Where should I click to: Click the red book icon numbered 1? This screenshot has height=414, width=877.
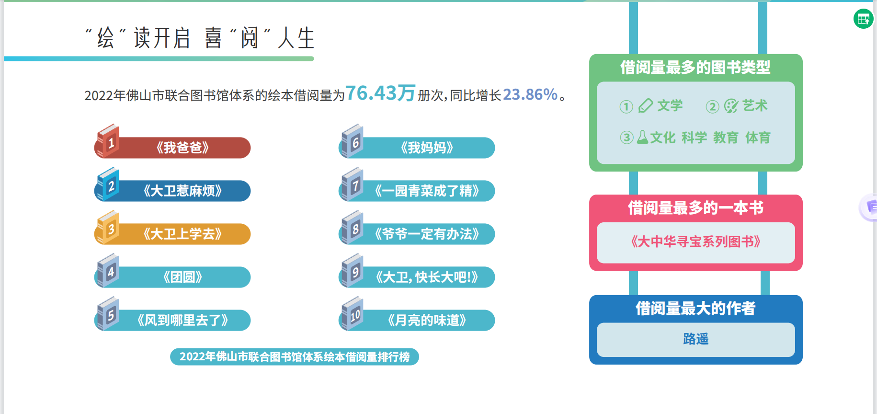pos(108,141)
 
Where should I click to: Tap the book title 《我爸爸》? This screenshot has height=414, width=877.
pos(182,148)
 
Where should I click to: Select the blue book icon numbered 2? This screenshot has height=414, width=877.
pos(108,184)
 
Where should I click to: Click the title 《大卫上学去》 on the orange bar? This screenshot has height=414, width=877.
pos(182,234)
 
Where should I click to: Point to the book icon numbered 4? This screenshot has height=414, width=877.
pos(108,270)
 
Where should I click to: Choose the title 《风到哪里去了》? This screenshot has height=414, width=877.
pos(182,320)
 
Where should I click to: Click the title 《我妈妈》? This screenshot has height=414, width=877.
pos(427,148)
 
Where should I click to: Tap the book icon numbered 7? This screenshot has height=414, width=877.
pos(352,184)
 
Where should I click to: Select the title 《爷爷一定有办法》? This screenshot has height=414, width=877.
pos(427,234)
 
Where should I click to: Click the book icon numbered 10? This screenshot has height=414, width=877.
pos(352,313)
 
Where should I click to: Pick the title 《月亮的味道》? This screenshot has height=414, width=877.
pos(427,320)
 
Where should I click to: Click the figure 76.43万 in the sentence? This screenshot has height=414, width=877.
pos(380,93)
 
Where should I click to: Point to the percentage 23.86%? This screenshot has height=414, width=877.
pos(530,94)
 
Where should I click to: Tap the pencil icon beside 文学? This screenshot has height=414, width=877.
pos(646,105)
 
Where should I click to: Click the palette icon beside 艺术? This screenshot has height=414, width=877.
pos(731,106)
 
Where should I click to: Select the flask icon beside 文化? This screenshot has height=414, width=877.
pos(642,138)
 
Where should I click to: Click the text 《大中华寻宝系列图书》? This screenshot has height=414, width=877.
pos(695,241)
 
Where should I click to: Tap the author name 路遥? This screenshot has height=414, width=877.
pos(695,339)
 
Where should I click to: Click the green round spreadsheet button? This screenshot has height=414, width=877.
pos(863,19)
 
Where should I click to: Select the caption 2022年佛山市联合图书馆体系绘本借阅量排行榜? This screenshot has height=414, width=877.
pos(295,356)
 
